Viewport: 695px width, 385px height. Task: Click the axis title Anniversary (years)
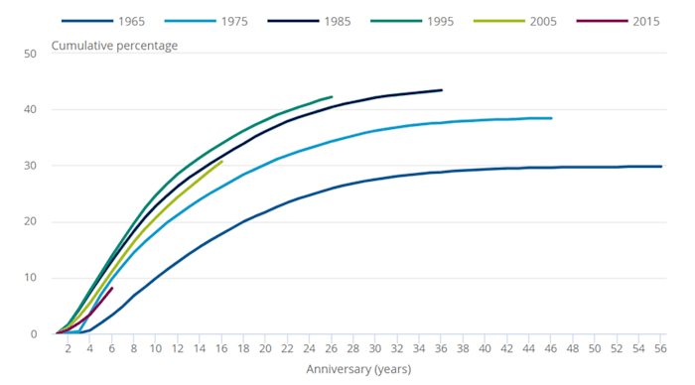(x=359, y=369)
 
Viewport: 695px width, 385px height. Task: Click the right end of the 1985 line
(x=442, y=90)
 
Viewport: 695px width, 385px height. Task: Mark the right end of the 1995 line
(x=332, y=97)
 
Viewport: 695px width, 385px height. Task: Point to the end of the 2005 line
(x=221, y=162)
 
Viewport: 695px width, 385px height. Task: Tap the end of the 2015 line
(x=112, y=288)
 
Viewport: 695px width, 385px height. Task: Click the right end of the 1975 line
(x=551, y=118)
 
